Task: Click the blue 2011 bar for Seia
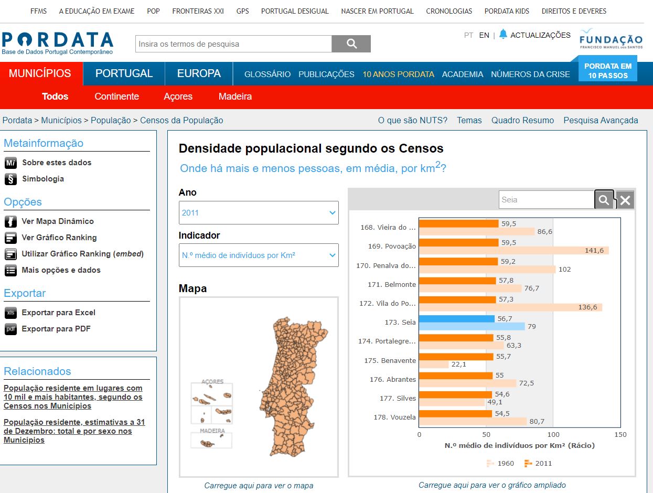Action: (x=457, y=318)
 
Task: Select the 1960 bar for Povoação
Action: (x=514, y=250)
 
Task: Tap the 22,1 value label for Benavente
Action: (x=459, y=365)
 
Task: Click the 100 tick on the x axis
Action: (x=553, y=434)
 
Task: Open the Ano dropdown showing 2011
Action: (x=259, y=212)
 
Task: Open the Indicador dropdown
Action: (x=259, y=255)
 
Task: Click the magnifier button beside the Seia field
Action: (x=604, y=199)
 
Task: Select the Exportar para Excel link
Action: (x=58, y=313)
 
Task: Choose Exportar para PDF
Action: (x=56, y=329)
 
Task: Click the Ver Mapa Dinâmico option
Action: (x=58, y=221)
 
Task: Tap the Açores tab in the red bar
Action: (x=178, y=97)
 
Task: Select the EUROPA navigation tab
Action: (x=199, y=73)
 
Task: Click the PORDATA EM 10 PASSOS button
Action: (x=608, y=70)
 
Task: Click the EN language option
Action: (x=484, y=35)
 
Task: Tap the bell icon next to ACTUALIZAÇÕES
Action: (x=503, y=34)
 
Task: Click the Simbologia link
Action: (x=43, y=179)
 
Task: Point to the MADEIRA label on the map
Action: (x=212, y=431)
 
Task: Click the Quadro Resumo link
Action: (x=522, y=120)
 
